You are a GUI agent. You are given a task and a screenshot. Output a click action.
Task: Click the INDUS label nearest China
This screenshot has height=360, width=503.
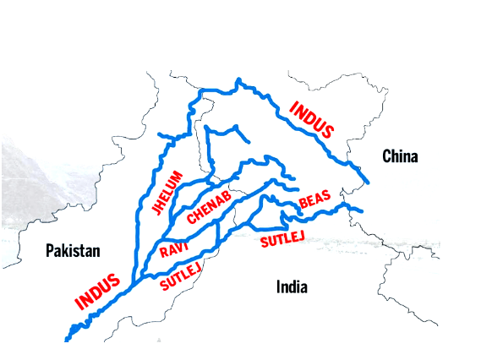(x=311, y=121)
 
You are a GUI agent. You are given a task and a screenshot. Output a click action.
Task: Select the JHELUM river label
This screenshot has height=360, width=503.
(x=167, y=193)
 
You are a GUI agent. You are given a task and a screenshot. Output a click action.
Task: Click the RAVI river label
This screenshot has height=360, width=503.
(x=173, y=248)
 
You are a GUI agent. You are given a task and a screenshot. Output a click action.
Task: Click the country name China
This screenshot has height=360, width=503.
(x=400, y=156)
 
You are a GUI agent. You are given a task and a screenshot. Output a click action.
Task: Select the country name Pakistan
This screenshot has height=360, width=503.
(x=73, y=250)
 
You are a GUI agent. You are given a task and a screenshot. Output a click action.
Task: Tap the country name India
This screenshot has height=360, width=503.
(x=292, y=287)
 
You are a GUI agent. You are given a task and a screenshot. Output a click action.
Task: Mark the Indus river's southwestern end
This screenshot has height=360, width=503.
(x=67, y=339)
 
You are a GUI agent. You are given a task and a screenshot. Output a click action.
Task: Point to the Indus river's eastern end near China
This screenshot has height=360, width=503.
(x=368, y=181)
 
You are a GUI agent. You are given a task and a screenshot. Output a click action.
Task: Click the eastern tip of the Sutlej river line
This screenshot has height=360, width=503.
(x=361, y=210)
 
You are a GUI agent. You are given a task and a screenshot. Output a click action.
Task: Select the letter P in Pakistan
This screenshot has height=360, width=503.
(x=50, y=250)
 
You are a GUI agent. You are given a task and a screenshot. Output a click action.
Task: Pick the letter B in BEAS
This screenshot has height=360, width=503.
(x=303, y=205)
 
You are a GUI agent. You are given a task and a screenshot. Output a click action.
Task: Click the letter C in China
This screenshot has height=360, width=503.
(x=387, y=156)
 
